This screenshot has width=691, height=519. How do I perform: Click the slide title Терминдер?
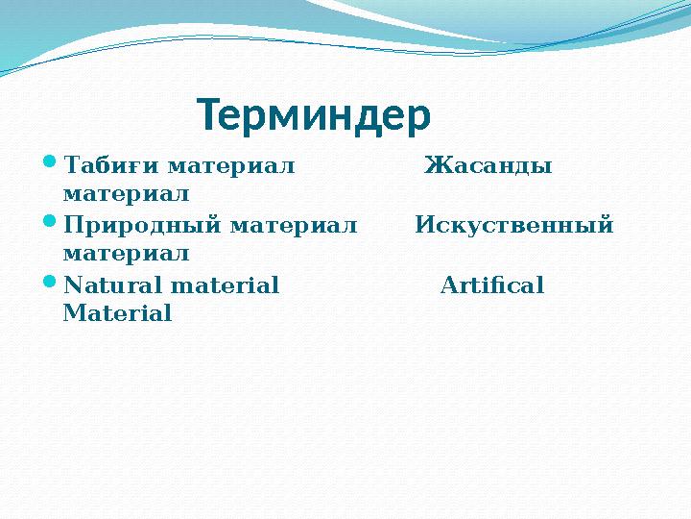314,116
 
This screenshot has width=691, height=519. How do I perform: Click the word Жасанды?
488,166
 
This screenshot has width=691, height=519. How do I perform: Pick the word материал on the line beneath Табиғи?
125,194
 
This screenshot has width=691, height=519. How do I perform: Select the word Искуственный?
514,227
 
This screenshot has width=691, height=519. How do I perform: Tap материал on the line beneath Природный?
125,254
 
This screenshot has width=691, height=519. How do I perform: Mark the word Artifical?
491,285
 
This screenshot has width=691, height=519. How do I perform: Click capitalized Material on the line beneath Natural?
117,313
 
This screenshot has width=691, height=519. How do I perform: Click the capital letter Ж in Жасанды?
434,166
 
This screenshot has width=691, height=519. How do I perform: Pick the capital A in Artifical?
448,285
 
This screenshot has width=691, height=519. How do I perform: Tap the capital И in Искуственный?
425,227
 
